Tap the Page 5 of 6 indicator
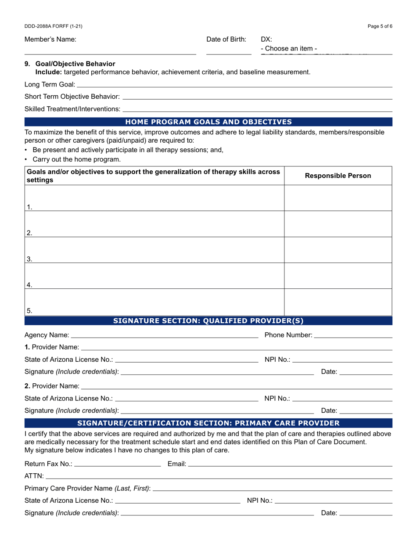point(380,26)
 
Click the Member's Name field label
point(50,40)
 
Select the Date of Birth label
point(226,40)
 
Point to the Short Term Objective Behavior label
point(72,97)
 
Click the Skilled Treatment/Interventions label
point(72,109)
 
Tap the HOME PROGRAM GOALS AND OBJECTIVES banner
point(208,122)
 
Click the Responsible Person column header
point(338,176)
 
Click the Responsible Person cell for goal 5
point(338,302)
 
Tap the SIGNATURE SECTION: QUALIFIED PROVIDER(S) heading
point(208,321)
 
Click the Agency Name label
point(47,335)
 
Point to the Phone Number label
point(288,335)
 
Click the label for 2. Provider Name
point(52,386)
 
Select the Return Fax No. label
point(48,464)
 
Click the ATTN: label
point(34,476)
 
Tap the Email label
point(177,464)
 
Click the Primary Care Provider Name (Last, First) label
point(87,488)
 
